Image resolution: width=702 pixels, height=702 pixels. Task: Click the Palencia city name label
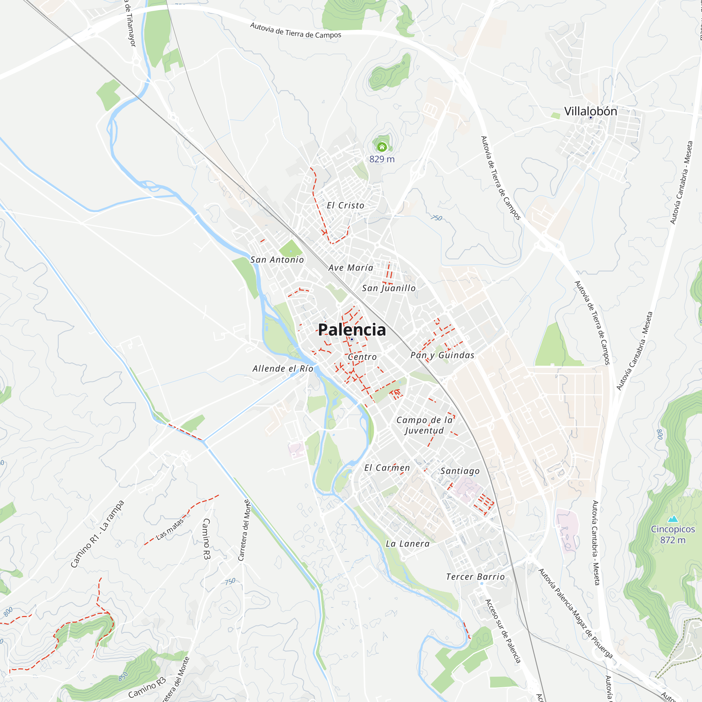coord(352,330)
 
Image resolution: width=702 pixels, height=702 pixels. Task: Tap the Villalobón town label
coord(590,111)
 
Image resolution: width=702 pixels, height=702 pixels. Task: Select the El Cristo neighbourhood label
coord(345,206)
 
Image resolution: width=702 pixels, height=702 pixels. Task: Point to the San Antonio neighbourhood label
coord(277,260)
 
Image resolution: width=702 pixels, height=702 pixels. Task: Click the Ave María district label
coord(351,268)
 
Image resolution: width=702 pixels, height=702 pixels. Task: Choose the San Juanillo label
coord(389,288)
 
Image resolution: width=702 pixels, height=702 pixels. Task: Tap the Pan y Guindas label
coord(442,355)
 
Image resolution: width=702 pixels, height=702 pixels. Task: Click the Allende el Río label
coord(283,369)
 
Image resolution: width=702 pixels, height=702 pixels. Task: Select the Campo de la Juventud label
coord(424,425)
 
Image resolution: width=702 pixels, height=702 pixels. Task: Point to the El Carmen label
coord(387,468)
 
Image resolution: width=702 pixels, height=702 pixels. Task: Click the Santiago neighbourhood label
coord(460,471)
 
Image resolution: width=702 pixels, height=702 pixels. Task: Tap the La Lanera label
coord(408,544)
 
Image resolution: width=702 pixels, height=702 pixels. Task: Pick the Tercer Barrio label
coord(475,577)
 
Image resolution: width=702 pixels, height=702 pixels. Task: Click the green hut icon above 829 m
coord(382,147)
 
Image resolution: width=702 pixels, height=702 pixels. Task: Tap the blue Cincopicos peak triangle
coord(673,519)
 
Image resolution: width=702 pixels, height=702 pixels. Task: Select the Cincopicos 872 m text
coord(673,535)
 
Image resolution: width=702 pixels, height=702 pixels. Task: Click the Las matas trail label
coord(170,529)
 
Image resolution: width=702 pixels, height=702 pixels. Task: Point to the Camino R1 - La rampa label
coord(97,534)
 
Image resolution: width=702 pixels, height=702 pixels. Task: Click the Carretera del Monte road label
coord(245,530)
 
